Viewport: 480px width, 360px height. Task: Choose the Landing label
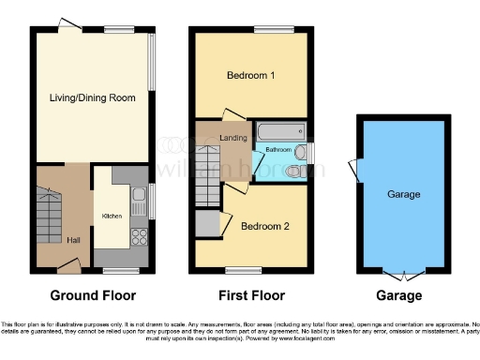pos(233,139)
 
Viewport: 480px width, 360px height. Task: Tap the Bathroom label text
pos(277,150)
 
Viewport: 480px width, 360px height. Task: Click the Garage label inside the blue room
pos(403,195)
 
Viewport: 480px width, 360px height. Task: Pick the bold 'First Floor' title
pos(250,295)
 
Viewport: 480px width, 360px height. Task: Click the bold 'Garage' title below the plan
pos(400,295)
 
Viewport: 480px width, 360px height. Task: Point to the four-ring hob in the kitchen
pos(137,235)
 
